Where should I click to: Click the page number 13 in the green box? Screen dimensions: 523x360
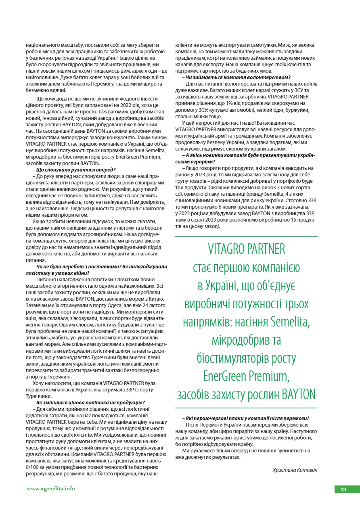point(343,490)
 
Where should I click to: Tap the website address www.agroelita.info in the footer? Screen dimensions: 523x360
point(50,488)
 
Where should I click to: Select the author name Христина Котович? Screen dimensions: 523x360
point(295,470)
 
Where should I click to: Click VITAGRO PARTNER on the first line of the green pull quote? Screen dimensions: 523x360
point(247,249)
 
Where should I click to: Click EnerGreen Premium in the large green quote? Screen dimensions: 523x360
point(246,377)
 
